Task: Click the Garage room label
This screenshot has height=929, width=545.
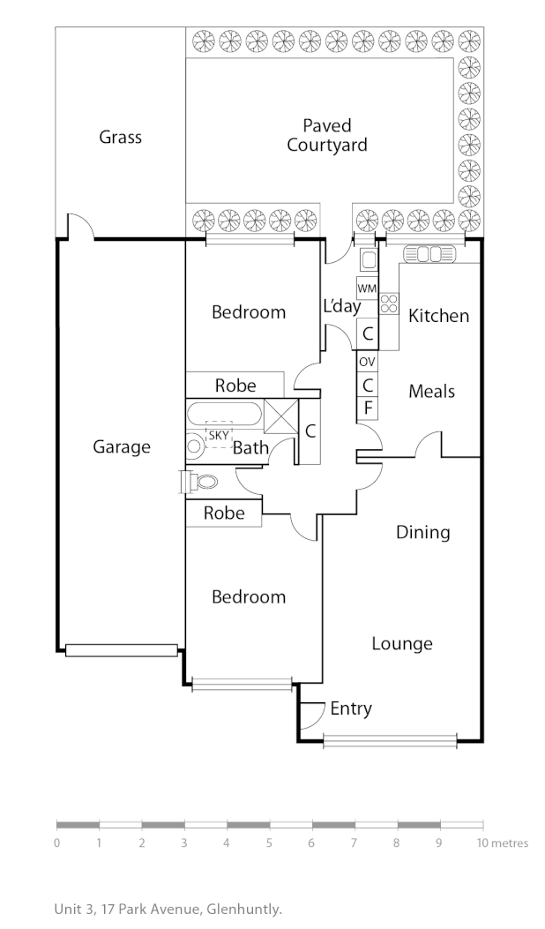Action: point(122,447)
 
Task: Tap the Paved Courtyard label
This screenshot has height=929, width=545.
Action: point(326,136)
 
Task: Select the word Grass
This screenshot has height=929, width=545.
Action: point(120,137)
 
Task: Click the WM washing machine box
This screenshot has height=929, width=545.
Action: point(367,288)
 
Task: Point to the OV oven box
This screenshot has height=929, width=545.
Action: point(367,362)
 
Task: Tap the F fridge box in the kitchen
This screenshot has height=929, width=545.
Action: point(367,408)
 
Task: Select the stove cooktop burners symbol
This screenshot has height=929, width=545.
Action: point(388,303)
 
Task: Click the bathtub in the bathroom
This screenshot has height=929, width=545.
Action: point(224,414)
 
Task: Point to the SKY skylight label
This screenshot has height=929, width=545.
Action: point(216,435)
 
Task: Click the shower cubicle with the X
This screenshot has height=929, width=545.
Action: point(281,416)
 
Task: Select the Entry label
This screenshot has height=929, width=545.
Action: point(351,708)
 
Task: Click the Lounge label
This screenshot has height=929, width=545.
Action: point(402,643)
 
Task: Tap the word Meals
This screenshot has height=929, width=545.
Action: point(431,391)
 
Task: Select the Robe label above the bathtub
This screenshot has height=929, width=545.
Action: point(235,386)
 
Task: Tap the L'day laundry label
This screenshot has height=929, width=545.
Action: point(342,307)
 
